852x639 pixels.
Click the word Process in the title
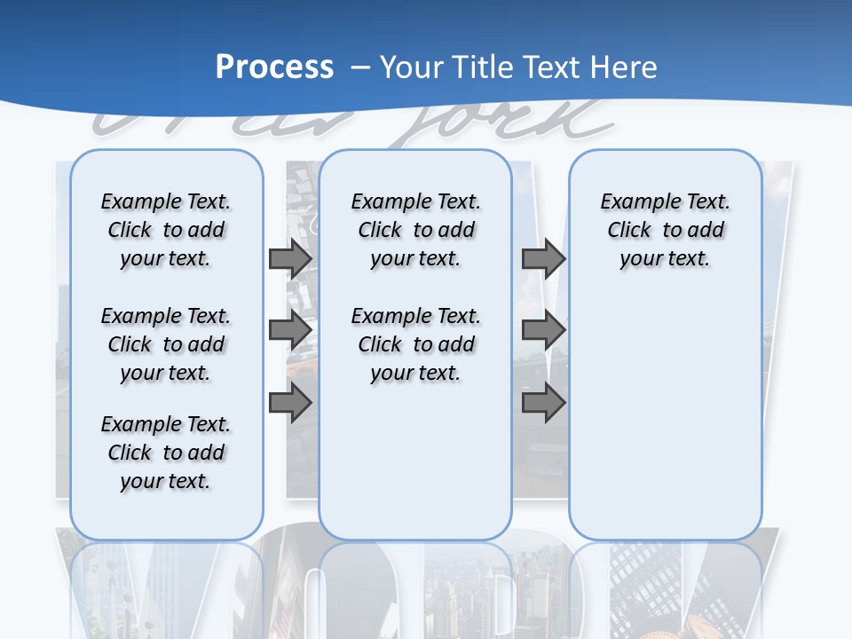coord(274,67)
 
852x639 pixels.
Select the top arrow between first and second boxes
coord(290,259)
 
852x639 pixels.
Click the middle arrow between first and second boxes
coord(290,330)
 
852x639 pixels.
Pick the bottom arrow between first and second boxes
coord(290,404)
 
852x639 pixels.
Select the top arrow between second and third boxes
coord(543,259)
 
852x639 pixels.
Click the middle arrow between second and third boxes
coord(543,330)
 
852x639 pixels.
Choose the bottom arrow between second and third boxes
coord(543,404)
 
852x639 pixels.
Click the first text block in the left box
coord(166,230)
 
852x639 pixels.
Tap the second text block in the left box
coord(166,344)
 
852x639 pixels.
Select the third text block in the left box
coord(166,453)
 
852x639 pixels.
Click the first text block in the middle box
coord(415,230)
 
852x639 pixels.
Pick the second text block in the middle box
coord(415,344)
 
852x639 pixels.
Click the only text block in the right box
coord(665,230)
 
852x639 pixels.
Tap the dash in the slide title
coord(359,67)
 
